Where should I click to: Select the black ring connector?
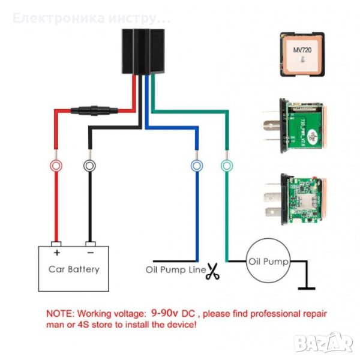(89, 165)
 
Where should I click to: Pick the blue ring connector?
(196, 165)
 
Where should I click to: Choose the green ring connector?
(226, 165)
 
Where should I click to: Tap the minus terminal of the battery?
(89, 244)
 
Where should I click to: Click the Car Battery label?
(74, 269)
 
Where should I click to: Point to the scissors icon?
(213, 272)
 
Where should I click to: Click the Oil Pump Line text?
(175, 269)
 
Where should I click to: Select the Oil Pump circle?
(268, 262)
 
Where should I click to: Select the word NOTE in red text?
(60, 313)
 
